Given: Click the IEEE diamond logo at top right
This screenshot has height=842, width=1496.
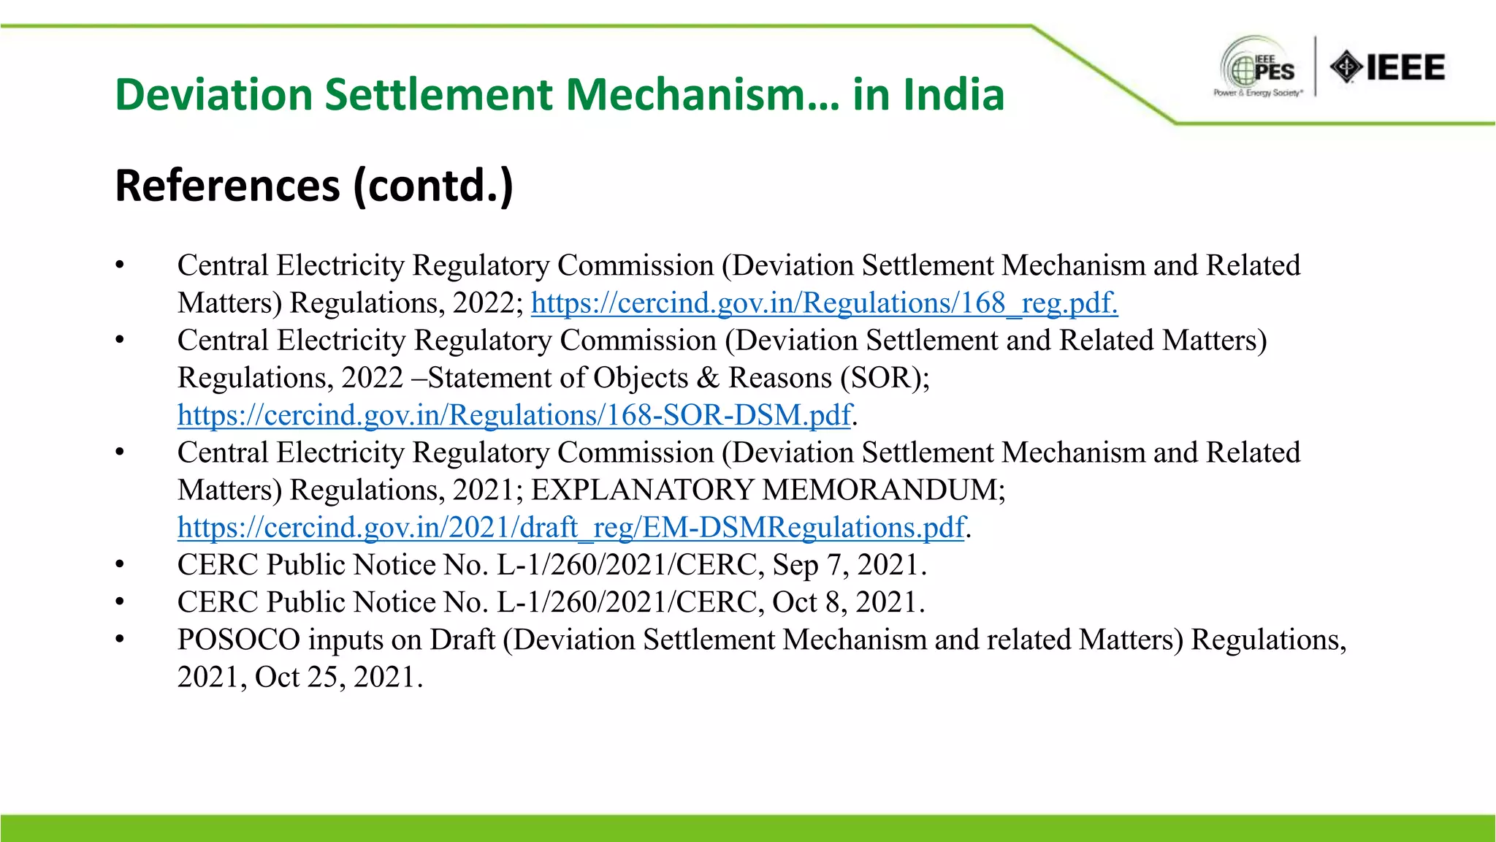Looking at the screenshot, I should click(1387, 67).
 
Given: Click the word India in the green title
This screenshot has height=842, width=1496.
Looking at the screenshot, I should click(953, 95).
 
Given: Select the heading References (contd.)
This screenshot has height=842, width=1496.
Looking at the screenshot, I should click(314, 186).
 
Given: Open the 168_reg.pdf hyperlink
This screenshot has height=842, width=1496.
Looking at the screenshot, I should click(824, 303).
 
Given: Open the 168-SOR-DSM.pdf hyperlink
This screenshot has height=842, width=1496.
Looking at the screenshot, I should click(514, 415).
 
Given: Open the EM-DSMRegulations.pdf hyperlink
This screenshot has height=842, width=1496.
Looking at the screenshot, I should click(571, 528).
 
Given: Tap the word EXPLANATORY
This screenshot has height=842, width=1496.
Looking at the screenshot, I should click(641, 490).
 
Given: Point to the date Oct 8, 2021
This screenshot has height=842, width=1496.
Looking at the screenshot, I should click(848, 602).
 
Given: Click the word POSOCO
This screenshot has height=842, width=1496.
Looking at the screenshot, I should click(238, 640).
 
